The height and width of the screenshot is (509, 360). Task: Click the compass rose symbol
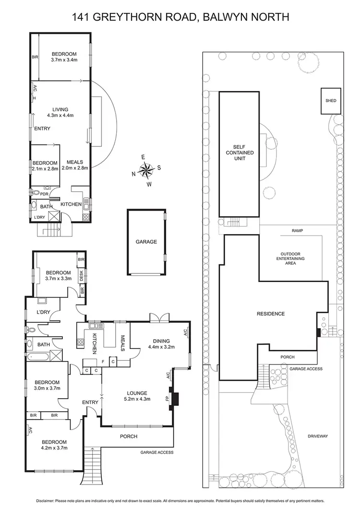click(x=146, y=170)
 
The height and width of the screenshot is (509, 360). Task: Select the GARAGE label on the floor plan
click(x=146, y=242)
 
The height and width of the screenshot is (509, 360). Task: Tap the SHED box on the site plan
click(x=331, y=101)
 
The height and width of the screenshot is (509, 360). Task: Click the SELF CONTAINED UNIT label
click(x=243, y=152)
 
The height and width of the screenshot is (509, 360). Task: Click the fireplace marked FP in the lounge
click(x=176, y=398)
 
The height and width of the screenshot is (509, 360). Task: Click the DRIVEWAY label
click(x=318, y=436)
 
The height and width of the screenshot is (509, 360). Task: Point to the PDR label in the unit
click(x=44, y=194)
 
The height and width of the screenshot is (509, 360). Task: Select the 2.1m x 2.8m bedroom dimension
click(x=45, y=169)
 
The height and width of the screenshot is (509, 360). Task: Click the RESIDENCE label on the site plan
click(x=271, y=314)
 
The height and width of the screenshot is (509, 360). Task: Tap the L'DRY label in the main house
click(x=44, y=312)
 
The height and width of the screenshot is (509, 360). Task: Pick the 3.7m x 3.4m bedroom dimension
click(x=65, y=60)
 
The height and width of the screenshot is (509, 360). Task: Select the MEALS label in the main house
click(x=122, y=343)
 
